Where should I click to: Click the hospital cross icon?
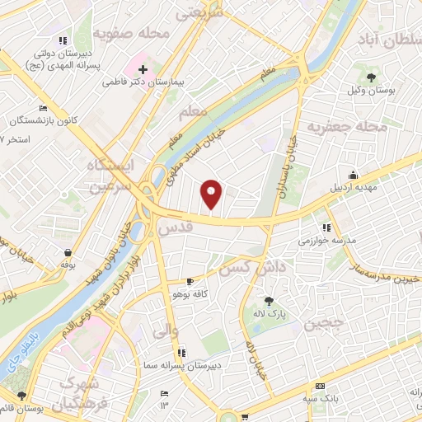click(143, 69)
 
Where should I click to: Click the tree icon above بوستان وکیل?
click(373, 77)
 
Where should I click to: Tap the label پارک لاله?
click(269, 313)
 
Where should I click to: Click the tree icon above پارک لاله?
click(269, 301)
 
